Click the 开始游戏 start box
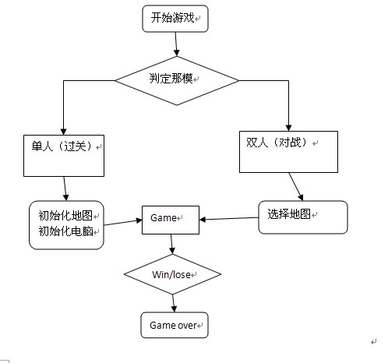point(175,19)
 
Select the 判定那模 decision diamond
point(177,81)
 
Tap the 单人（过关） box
point(64,156)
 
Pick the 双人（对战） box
point(288,152)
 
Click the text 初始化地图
point(65,215)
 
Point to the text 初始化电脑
point(65,231)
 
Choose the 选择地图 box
point(303,217)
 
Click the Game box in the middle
point(171,220)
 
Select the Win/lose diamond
point(173,274)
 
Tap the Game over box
point(175,325)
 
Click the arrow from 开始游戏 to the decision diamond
point(176,44)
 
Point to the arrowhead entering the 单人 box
point(63,132)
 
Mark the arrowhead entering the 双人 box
point(288,128)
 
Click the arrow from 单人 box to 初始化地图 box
point(65,189)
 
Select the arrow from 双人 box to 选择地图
point(296,187)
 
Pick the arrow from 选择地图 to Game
point(229,219)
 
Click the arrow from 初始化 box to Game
point(123,223)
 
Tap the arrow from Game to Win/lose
point(171,244)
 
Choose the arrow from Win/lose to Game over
point(174,303)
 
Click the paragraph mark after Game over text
point(200,326)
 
